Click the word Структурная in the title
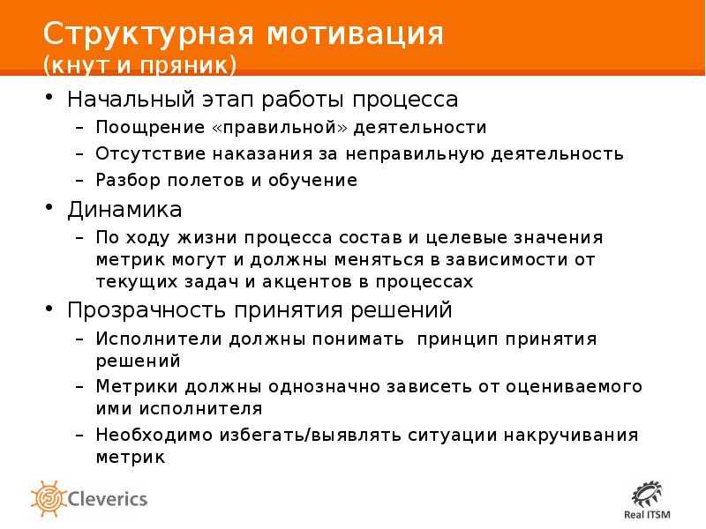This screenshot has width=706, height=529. tap(148, 34)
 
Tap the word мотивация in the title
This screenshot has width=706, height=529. tap(356, 34)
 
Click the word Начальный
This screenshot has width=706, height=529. tap(131, 100)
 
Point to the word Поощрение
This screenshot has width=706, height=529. tap(150, 128)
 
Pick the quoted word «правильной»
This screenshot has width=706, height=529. tap(280, 128)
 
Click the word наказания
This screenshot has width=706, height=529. tap(262, 153)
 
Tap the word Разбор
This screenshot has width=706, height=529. tap(128, 181)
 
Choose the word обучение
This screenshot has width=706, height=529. tap(312, 181)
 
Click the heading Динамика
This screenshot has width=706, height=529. tap(124, 210)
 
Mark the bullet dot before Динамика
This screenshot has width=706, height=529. tap(49, 207)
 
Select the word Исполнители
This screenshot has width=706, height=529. tap(159, 339)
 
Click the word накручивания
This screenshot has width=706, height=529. tap(571, 436)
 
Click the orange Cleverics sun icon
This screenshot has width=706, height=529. tap(49, 498)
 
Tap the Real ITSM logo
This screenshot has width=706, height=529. tap(647, 501)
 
